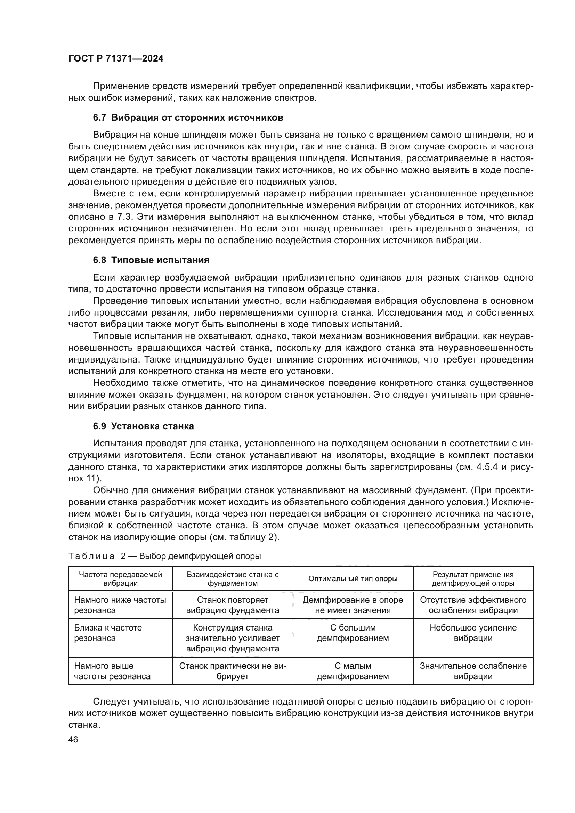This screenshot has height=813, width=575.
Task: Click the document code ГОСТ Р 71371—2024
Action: pyautogui.click(x=116, y=59)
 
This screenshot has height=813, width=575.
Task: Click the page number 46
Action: pyautogui.click(x=73, y=739)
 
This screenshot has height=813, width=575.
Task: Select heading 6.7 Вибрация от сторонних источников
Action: pyautogui.click(x=188, y=117)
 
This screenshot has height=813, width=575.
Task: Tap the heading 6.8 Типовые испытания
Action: pyautogui.click(x=151, y=260)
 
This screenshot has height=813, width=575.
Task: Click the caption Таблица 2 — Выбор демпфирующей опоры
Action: pyautogui.click(x=165, y=556)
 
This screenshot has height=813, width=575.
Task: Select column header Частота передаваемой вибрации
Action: pyautogui.click(x=120, y=579)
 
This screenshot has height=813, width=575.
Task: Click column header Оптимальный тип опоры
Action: pyautogui.click(x=353, y=579)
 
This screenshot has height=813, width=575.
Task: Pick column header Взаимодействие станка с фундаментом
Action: pyautogui.click(x=233, y=579)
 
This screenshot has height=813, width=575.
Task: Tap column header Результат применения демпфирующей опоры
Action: pyautogui.click(x=473, y=579)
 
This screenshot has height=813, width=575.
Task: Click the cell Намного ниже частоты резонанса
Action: pyautogui.click(x=120, y=605)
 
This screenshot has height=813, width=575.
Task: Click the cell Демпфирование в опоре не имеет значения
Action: pyautogui.click(x=353, y=605)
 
